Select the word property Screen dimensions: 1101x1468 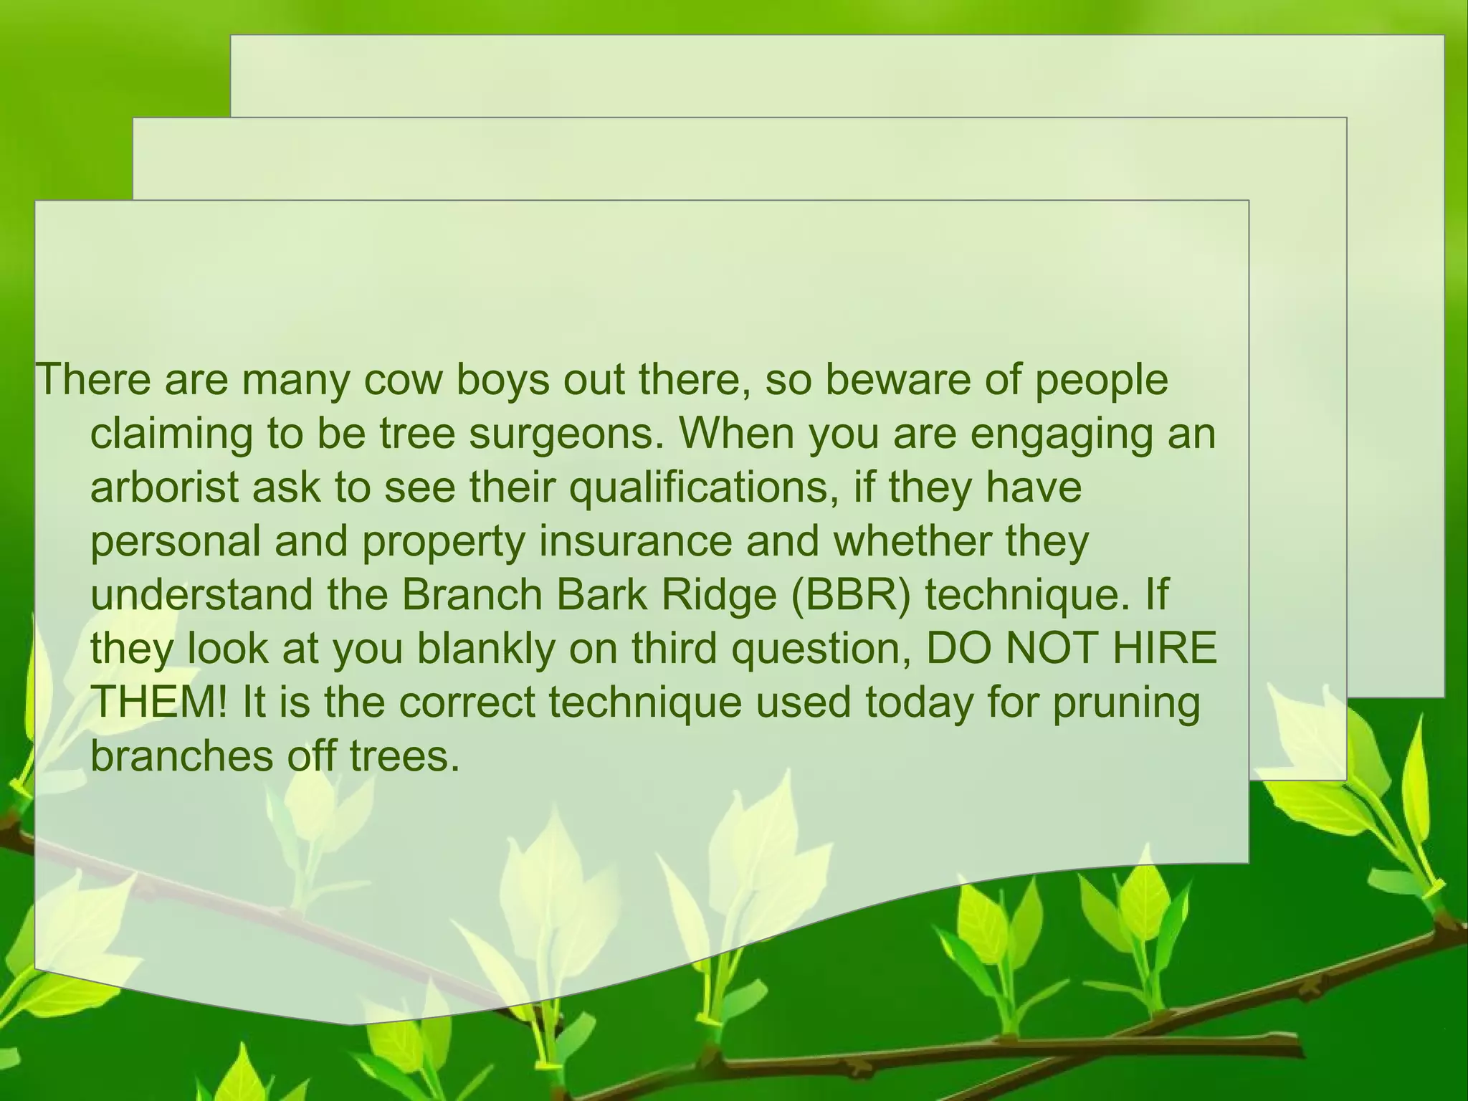444,543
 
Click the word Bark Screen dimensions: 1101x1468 600,595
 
